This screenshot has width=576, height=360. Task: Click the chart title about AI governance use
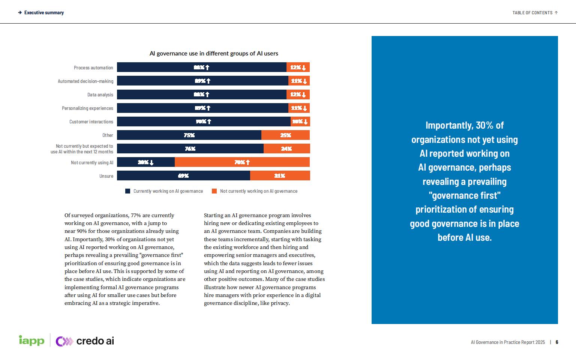click(214, 54)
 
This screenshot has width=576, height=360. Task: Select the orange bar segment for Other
click(285, 135)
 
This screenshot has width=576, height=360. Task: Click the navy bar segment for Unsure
click(183, 175)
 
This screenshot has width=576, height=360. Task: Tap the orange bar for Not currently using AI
click(242, 162)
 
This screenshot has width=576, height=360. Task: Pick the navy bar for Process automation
click(201, 67)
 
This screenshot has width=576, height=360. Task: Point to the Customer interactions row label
click(91, 122)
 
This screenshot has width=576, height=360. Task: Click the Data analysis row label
click(100, 95)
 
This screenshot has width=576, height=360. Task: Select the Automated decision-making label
click(85, 81)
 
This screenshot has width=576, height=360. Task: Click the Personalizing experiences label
click(87, 108)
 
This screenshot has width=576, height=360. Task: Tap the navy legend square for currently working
click(128, 191)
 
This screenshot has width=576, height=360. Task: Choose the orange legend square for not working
click(214, 191)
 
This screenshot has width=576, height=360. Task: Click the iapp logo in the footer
click(31, 340)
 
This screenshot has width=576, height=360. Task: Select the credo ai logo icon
click(64, 341)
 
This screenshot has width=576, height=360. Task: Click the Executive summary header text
click(44, 13)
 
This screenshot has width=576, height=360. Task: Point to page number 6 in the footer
click(557, 342)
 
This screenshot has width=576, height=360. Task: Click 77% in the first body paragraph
click(136, 215)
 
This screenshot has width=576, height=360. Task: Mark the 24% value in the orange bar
click(286, 148)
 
